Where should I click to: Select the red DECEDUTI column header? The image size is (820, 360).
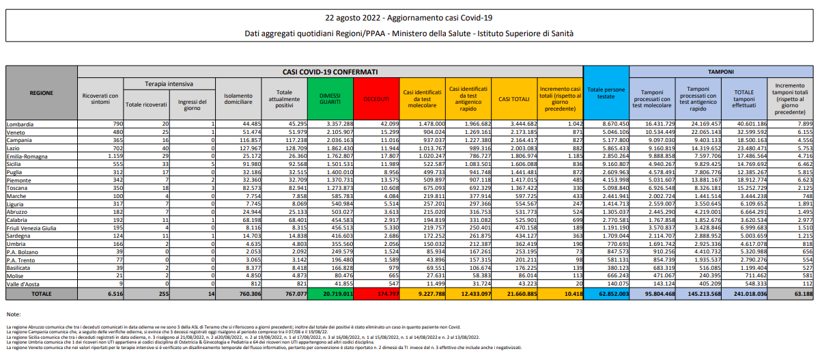[x=376, y=99]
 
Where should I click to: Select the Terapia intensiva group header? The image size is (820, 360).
[x=169, y=83]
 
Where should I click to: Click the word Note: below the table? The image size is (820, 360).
[x=13, y=314]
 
